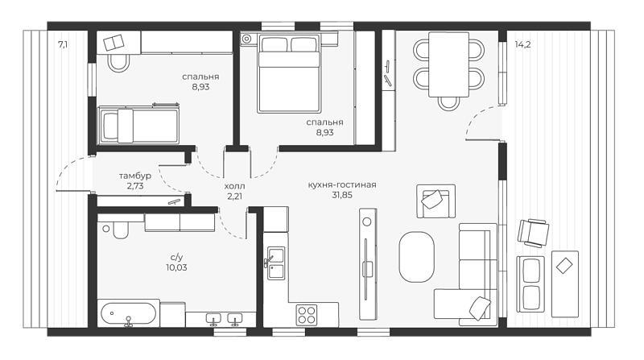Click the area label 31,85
coord(341,195)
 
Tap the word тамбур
coord(135,176)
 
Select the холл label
coord(234,187)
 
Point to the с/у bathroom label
coord(176,258)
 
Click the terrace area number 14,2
coord(522,44)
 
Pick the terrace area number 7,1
coord(63,44)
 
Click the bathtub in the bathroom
coord(129,314)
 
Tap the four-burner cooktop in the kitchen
coord(307,315)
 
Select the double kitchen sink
coord(275,263)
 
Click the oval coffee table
coord(416,257)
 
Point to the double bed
coord(289,73)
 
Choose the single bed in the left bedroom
coord(138,126)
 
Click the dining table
coord(448,64)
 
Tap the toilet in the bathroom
coord(120,230)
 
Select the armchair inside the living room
coord(436,201)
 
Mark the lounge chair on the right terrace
coord(533,233)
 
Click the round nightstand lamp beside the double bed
coord(247,39)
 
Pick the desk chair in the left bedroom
coord(118,64)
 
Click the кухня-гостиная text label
coord(341,185)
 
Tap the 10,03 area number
coord(176,267)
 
